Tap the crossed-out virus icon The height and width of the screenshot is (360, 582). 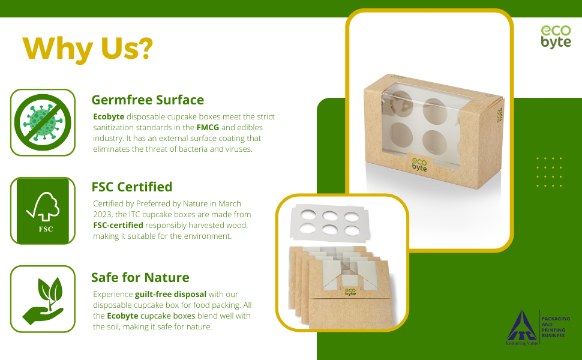[x=43, y=122]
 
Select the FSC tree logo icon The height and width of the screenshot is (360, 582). [x=43, y=211]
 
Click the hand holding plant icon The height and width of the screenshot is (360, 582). [x=43, y=300]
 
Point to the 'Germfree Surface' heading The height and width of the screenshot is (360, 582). [x=148, y=100]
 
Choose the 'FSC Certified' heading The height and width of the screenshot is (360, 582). [x=132, y=187]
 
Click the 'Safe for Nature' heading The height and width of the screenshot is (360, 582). [x=140, y=277]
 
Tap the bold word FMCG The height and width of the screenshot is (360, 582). [x=208, y=127]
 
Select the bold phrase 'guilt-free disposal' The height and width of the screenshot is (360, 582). [x=171, y=295]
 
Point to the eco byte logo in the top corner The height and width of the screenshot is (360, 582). [x=556, y=37]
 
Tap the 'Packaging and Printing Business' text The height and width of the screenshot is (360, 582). [x=556, y=327]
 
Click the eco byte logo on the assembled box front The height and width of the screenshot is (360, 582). [x=419, y=165]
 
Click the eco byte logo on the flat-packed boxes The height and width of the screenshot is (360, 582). [x=350, y=292]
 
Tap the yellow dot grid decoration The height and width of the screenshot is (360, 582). [x=550, y=172]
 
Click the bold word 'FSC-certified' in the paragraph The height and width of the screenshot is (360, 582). [x=118, y=225]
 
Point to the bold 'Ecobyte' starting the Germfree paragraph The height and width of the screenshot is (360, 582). [x=109, y=116]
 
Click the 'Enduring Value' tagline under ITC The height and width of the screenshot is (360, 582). [x=522, y=343]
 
